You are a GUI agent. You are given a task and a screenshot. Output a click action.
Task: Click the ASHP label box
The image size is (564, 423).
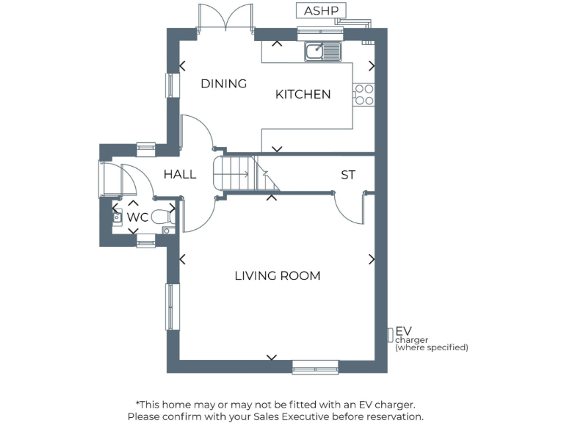[320, 11]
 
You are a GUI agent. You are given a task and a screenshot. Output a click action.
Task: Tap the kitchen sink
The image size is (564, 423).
[323, 51]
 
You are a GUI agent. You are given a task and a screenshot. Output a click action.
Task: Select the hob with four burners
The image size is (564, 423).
[364, 95]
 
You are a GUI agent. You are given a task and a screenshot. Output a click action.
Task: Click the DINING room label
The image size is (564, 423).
[224, 84]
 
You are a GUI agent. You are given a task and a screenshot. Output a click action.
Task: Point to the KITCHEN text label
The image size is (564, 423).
[303, 95]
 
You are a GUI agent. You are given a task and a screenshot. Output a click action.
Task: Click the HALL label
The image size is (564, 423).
[180, 175]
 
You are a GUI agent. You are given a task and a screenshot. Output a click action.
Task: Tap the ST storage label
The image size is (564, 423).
[348, 176]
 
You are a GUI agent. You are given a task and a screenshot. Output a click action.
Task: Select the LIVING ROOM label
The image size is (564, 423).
[277, 276]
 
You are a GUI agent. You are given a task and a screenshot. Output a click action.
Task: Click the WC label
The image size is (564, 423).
[138, 217]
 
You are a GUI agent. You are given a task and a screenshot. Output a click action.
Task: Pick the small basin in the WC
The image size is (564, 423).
[117, 217]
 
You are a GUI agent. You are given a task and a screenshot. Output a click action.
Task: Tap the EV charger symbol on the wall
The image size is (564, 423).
[390, 335]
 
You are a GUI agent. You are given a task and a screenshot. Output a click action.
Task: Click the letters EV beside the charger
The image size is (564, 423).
[403, 331]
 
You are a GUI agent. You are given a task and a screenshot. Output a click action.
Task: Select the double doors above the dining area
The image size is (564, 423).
[226, 18]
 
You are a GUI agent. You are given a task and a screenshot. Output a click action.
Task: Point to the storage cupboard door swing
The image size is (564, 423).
[349, 206]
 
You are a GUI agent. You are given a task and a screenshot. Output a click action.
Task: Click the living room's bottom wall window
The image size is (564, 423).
[315, 366]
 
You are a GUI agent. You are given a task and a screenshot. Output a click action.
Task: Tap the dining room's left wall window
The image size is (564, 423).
[170, 85]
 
